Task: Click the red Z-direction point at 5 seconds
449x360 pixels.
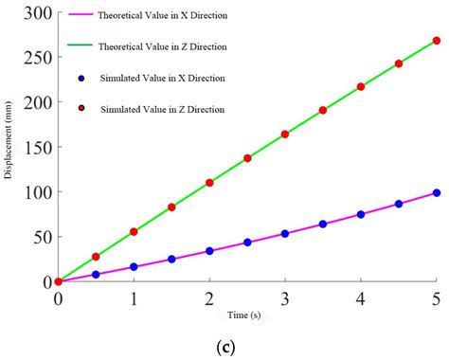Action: click(437, 41)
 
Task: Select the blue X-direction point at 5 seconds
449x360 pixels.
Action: click(437, 192)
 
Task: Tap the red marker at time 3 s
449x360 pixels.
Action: click(285, 135)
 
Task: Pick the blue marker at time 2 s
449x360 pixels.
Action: click(209, 251)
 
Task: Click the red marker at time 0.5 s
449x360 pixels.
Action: click(96, 257)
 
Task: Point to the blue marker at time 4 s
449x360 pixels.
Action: click(361, 214)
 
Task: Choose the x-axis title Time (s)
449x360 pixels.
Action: click(244, 315)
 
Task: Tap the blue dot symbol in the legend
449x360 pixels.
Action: click(83, 78)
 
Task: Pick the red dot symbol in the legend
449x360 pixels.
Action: click(83, 109)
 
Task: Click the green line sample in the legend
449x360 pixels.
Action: click(82, 46)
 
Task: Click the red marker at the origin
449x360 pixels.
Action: click(58, 281)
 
